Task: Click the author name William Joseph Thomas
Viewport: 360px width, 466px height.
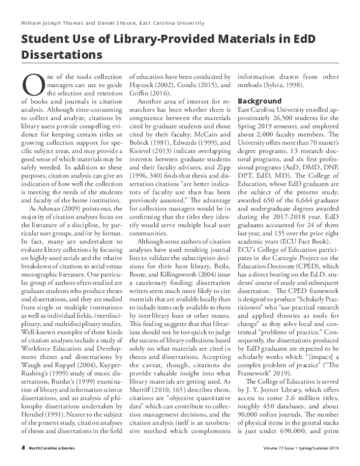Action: [x=56, y=23]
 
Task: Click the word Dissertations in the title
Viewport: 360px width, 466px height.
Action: [x=61, y=55]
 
